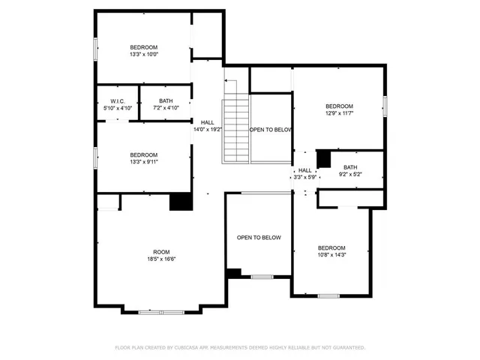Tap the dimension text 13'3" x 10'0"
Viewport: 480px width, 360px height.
143,54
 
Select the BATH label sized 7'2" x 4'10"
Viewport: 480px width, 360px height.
166,100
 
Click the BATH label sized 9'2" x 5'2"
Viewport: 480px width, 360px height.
350,167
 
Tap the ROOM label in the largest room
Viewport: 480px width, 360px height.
161,252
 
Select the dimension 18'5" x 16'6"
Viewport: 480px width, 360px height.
161,259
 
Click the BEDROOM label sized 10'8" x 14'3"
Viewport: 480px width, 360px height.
331,247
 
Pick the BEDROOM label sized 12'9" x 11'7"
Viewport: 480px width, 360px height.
339,106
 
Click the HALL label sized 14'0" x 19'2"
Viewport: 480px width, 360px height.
207,122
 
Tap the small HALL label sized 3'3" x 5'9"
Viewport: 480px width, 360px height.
304,170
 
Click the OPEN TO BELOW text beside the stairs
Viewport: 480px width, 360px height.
270,130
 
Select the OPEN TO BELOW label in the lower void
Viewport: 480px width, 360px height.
259,238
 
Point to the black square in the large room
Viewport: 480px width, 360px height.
179,202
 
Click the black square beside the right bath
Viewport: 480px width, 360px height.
324,159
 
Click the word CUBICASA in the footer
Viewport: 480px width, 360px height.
187,348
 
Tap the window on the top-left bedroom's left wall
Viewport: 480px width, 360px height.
95,49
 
